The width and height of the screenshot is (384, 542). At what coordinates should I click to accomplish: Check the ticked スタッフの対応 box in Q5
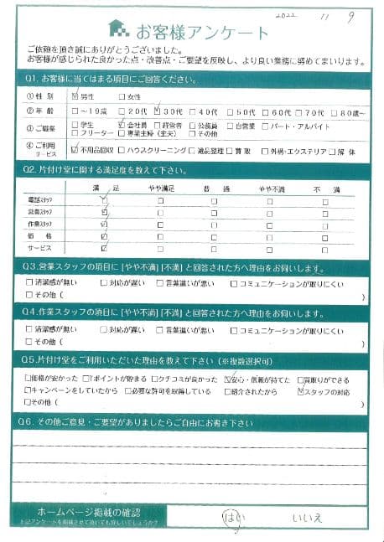299,390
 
